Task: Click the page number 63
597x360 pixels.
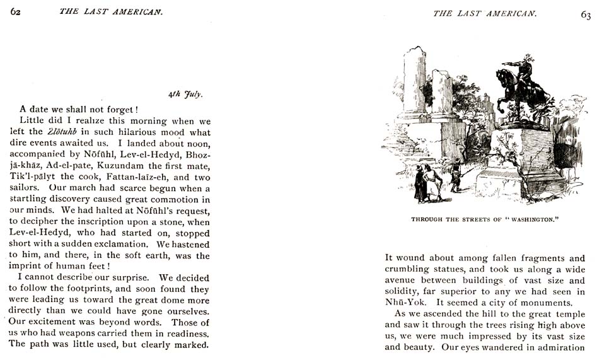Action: [x=584, y=16]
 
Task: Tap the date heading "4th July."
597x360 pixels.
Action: [x=184, y=94]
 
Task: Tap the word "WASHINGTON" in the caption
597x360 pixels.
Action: [x=529, y=219]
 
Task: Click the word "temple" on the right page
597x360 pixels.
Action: [x=571, y=314]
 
